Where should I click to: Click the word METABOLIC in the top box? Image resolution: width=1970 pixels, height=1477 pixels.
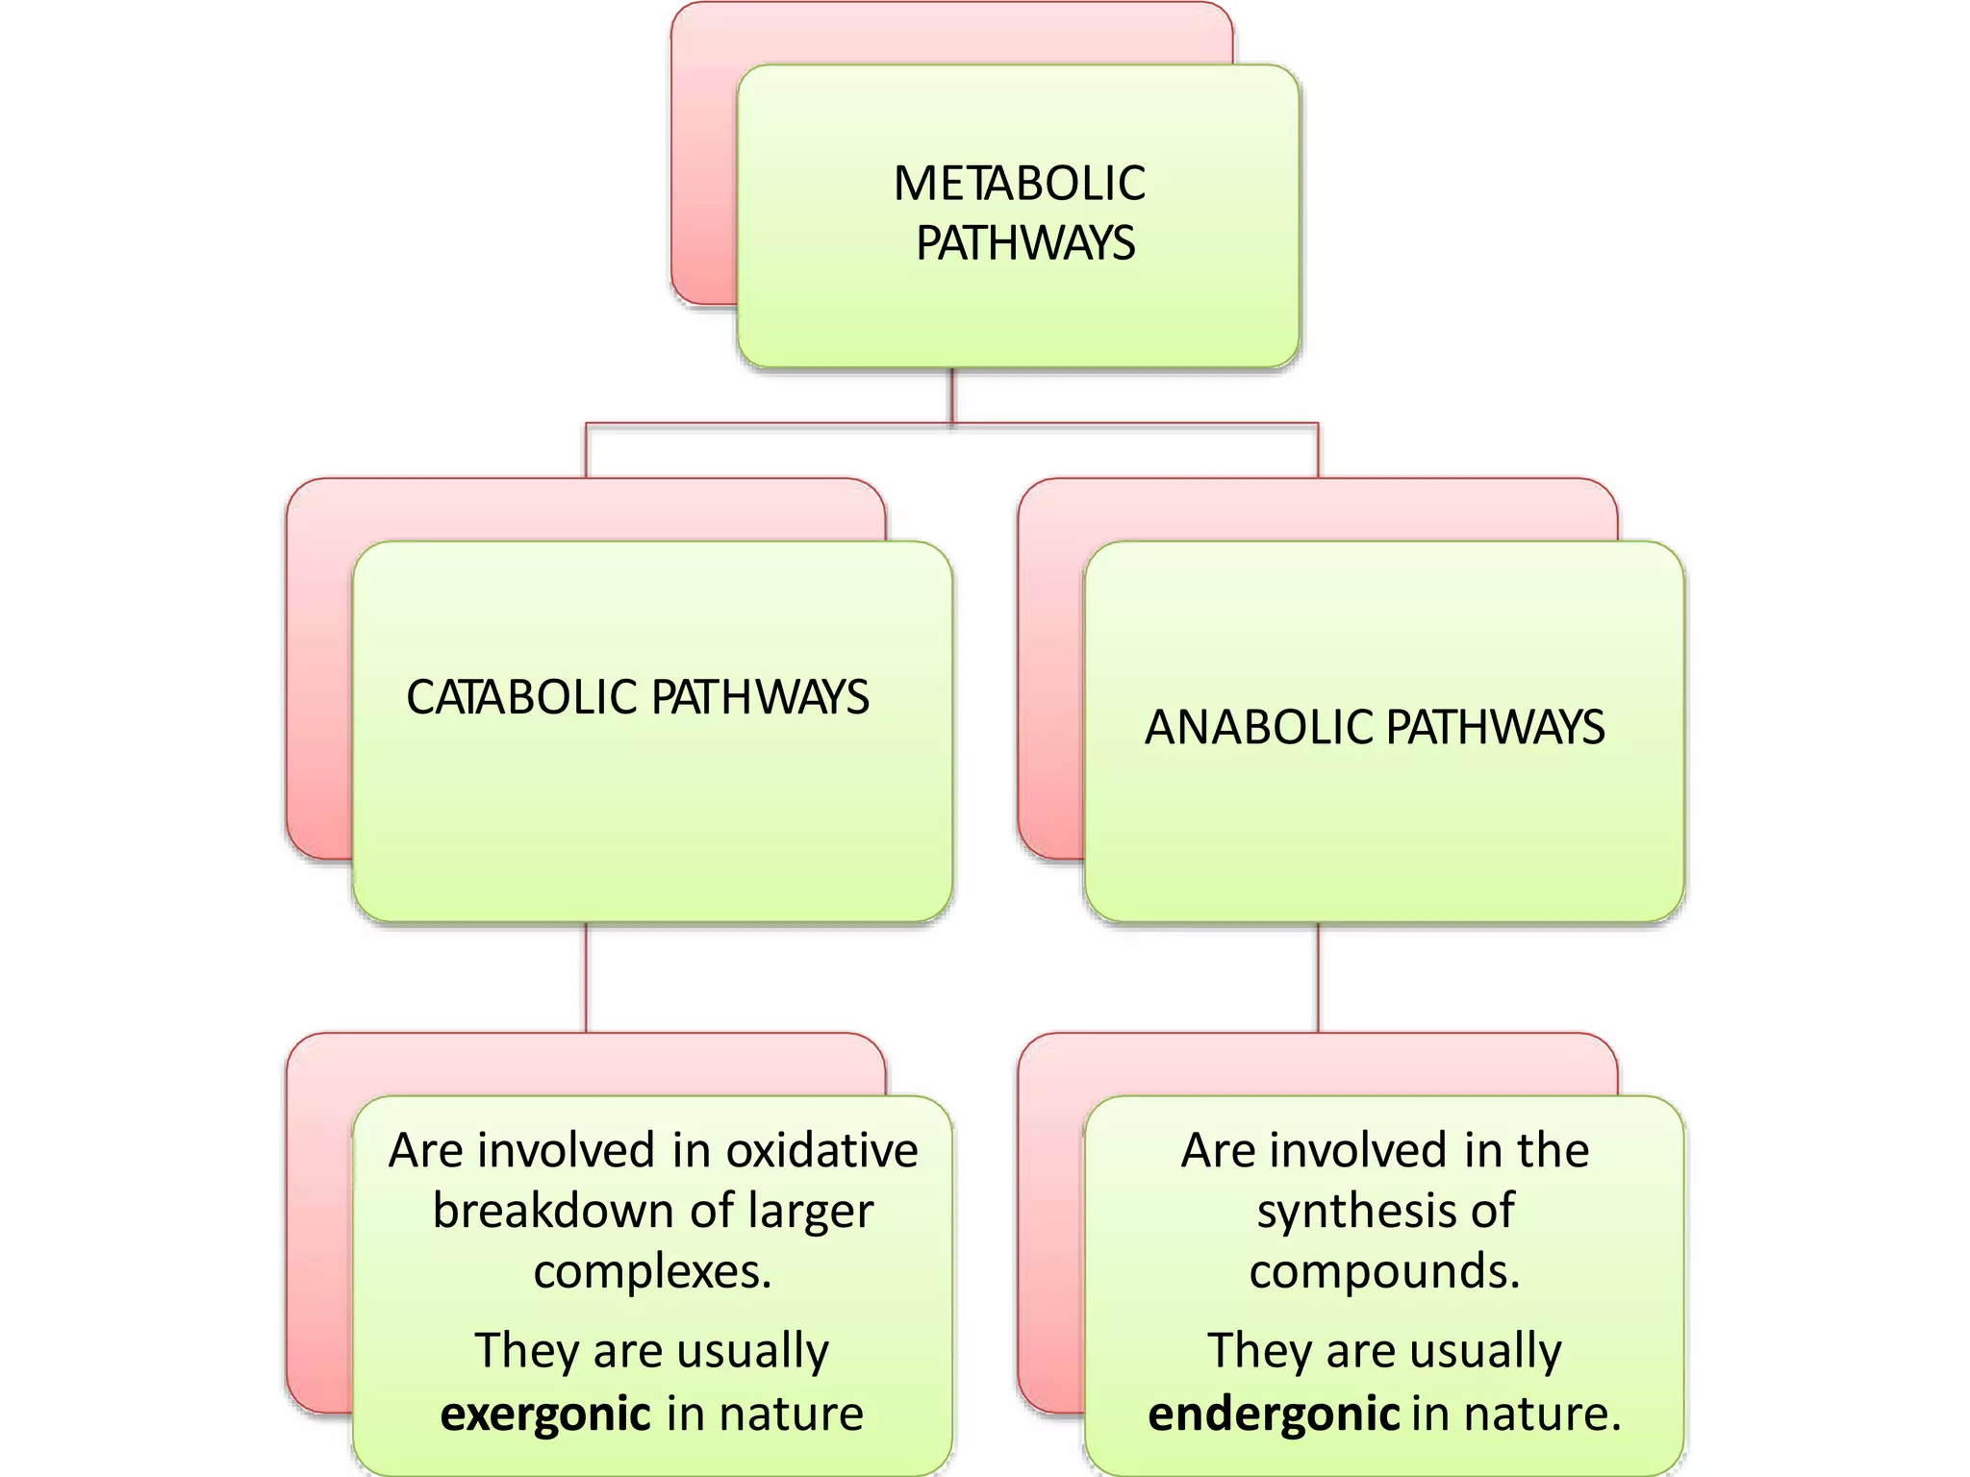tap(1019, 184)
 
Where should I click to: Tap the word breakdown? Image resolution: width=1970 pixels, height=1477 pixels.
tap(549, 1211)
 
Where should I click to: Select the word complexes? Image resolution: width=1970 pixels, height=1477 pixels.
tap(653, 1272)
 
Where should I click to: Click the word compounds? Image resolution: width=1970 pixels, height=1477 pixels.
tap(1384, 1272)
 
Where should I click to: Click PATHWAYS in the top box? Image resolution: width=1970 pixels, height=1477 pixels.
tap(1025, 243)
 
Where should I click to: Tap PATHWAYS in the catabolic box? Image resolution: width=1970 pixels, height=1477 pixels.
tap(760, 697)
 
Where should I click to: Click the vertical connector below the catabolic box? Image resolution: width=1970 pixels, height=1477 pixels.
tap(586, 977)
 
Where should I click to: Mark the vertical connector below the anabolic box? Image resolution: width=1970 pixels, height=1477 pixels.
tap(1318, 977)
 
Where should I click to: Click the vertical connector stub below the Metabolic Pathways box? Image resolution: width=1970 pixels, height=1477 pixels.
tap(952, 394)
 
